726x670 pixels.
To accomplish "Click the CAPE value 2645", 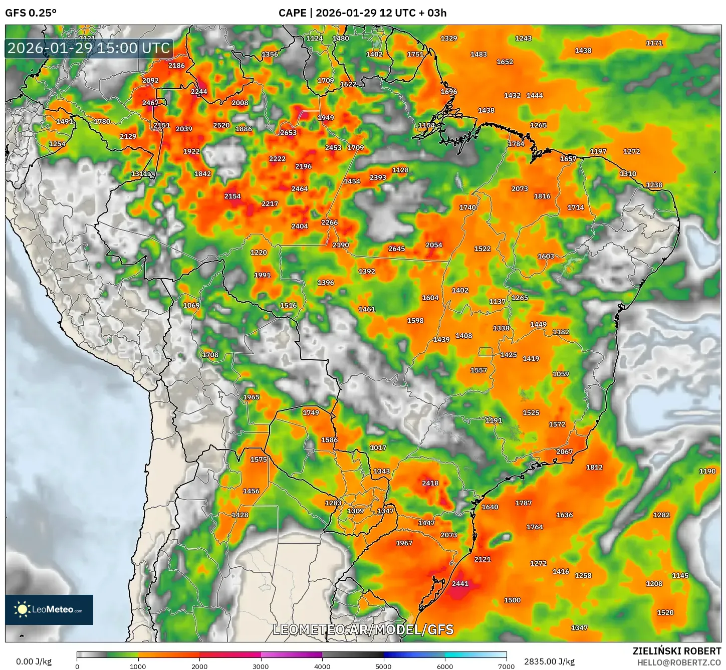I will click(396, 249).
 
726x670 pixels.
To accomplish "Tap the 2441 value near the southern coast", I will click(460, 584).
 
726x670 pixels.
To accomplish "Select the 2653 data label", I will click(288, 133).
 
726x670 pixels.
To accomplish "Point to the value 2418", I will click(430, 483).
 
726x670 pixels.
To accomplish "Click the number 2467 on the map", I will click(150, 103).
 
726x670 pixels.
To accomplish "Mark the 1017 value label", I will click(378, 448).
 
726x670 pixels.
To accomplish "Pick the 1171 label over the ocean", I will click(654, 43).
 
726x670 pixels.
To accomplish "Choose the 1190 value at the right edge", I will click(707, 471).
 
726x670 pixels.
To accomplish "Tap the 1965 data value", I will click(251, 397).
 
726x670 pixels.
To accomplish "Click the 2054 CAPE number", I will click(434, 245).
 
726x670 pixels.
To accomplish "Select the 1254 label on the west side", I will click(57, 144).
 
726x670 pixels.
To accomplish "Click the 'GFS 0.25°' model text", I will click(31, 13).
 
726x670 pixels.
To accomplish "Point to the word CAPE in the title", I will click(292, 13).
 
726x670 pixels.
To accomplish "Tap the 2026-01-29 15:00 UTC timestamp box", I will click(89, 49).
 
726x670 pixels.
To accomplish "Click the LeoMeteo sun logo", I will click(23, 609).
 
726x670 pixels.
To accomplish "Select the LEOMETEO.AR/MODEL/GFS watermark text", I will click(363, 629).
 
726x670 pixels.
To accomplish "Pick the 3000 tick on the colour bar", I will click(261, 666).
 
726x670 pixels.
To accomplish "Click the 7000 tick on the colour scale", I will click(506, 666).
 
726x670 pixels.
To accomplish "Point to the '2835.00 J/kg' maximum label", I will click(549, 661).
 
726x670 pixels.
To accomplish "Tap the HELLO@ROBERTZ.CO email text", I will click(679, 662).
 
